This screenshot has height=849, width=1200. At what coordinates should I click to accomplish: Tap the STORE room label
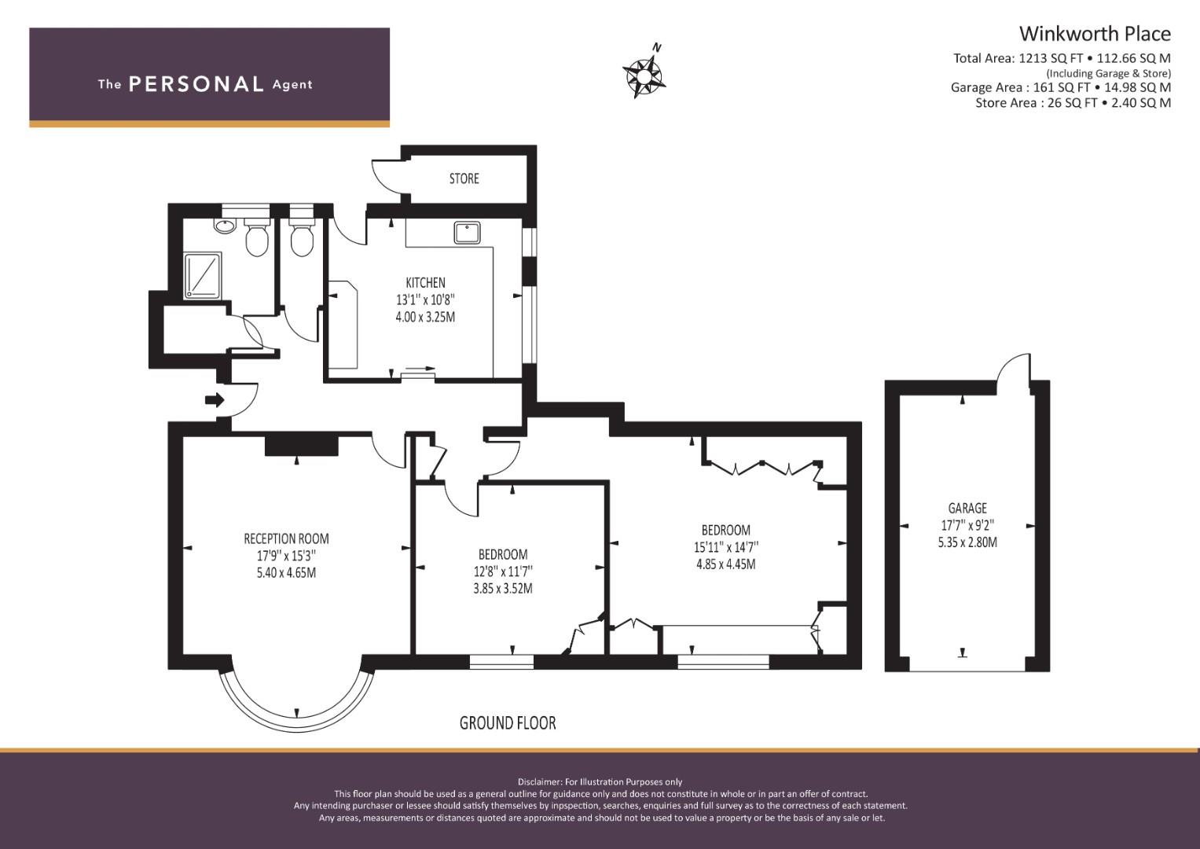pos(464,178)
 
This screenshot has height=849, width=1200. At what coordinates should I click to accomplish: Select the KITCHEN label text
pos(425,282)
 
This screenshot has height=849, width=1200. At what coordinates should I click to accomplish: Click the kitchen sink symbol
pos(467,233)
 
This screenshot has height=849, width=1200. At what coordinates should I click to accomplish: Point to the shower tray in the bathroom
pos(203,276)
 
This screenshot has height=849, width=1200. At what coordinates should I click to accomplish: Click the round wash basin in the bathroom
pos(225,226)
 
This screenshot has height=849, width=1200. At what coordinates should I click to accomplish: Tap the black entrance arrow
pos(215,399)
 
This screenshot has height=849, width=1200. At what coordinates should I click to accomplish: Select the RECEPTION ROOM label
pos(287,538)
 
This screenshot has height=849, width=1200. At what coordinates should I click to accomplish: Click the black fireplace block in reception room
pos(302,446)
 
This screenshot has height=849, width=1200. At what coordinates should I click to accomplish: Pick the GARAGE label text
pos(967,508)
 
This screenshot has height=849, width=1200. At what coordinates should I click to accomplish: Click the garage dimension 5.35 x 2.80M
pos(967,542)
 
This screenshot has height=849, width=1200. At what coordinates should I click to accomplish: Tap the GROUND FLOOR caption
pos(508,723)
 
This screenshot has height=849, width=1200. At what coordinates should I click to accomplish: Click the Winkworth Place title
pos(1095,34)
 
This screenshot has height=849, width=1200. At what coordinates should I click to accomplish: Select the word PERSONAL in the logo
pos(196,84)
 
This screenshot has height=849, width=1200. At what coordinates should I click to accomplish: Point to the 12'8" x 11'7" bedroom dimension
pos(502,572)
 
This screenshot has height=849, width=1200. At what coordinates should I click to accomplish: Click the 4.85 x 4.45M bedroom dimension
pos(726,564)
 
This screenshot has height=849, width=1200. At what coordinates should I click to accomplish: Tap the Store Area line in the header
pos(1073,102)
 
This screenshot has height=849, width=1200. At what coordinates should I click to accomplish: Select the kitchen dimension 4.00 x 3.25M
pos(425,317)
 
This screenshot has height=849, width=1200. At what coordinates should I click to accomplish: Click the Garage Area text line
pos(1061,87)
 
